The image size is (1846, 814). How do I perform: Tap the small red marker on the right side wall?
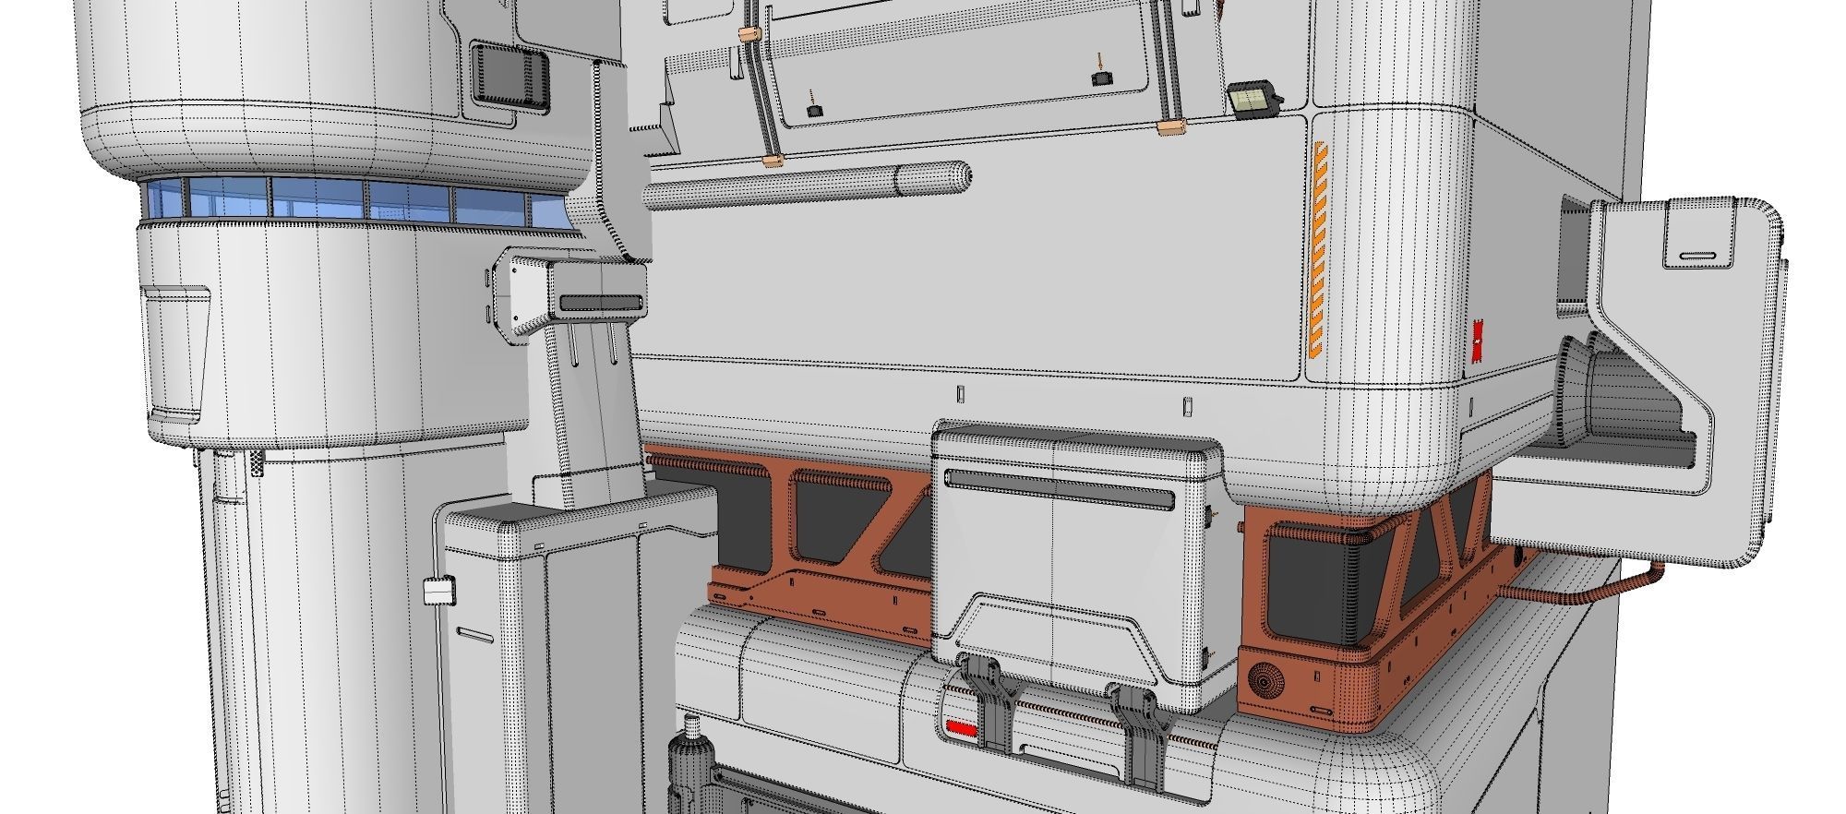pyautogui.click(x=1478, y=342)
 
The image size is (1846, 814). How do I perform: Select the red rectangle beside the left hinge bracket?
pyautogui.click(x=961, y=729)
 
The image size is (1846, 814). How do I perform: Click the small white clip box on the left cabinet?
pyautogui.click(x=439, y=591)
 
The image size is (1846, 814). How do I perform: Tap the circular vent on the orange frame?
pyautogui.click(x=1267, y=682)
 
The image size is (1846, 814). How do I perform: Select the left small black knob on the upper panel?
pyautogui.click(x=814, y=110)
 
